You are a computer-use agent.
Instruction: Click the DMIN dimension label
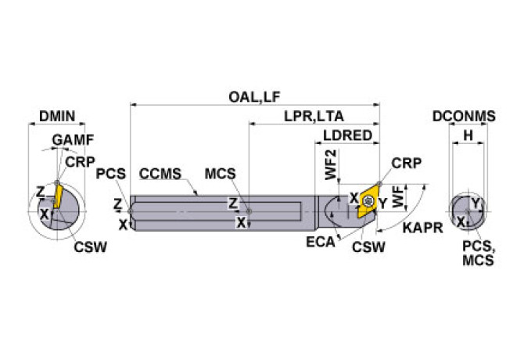(56, 117)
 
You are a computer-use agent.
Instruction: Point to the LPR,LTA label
(314, 117)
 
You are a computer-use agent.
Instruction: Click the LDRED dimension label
(347, 135)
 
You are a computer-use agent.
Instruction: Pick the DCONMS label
(464, 117)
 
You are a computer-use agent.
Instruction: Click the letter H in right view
(468, 135)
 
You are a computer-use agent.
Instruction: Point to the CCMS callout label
(160, 172)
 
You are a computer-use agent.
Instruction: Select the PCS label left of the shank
(109, 173)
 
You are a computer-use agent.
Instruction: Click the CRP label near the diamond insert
(406, 164)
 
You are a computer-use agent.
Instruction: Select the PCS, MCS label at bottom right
(477, 253)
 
